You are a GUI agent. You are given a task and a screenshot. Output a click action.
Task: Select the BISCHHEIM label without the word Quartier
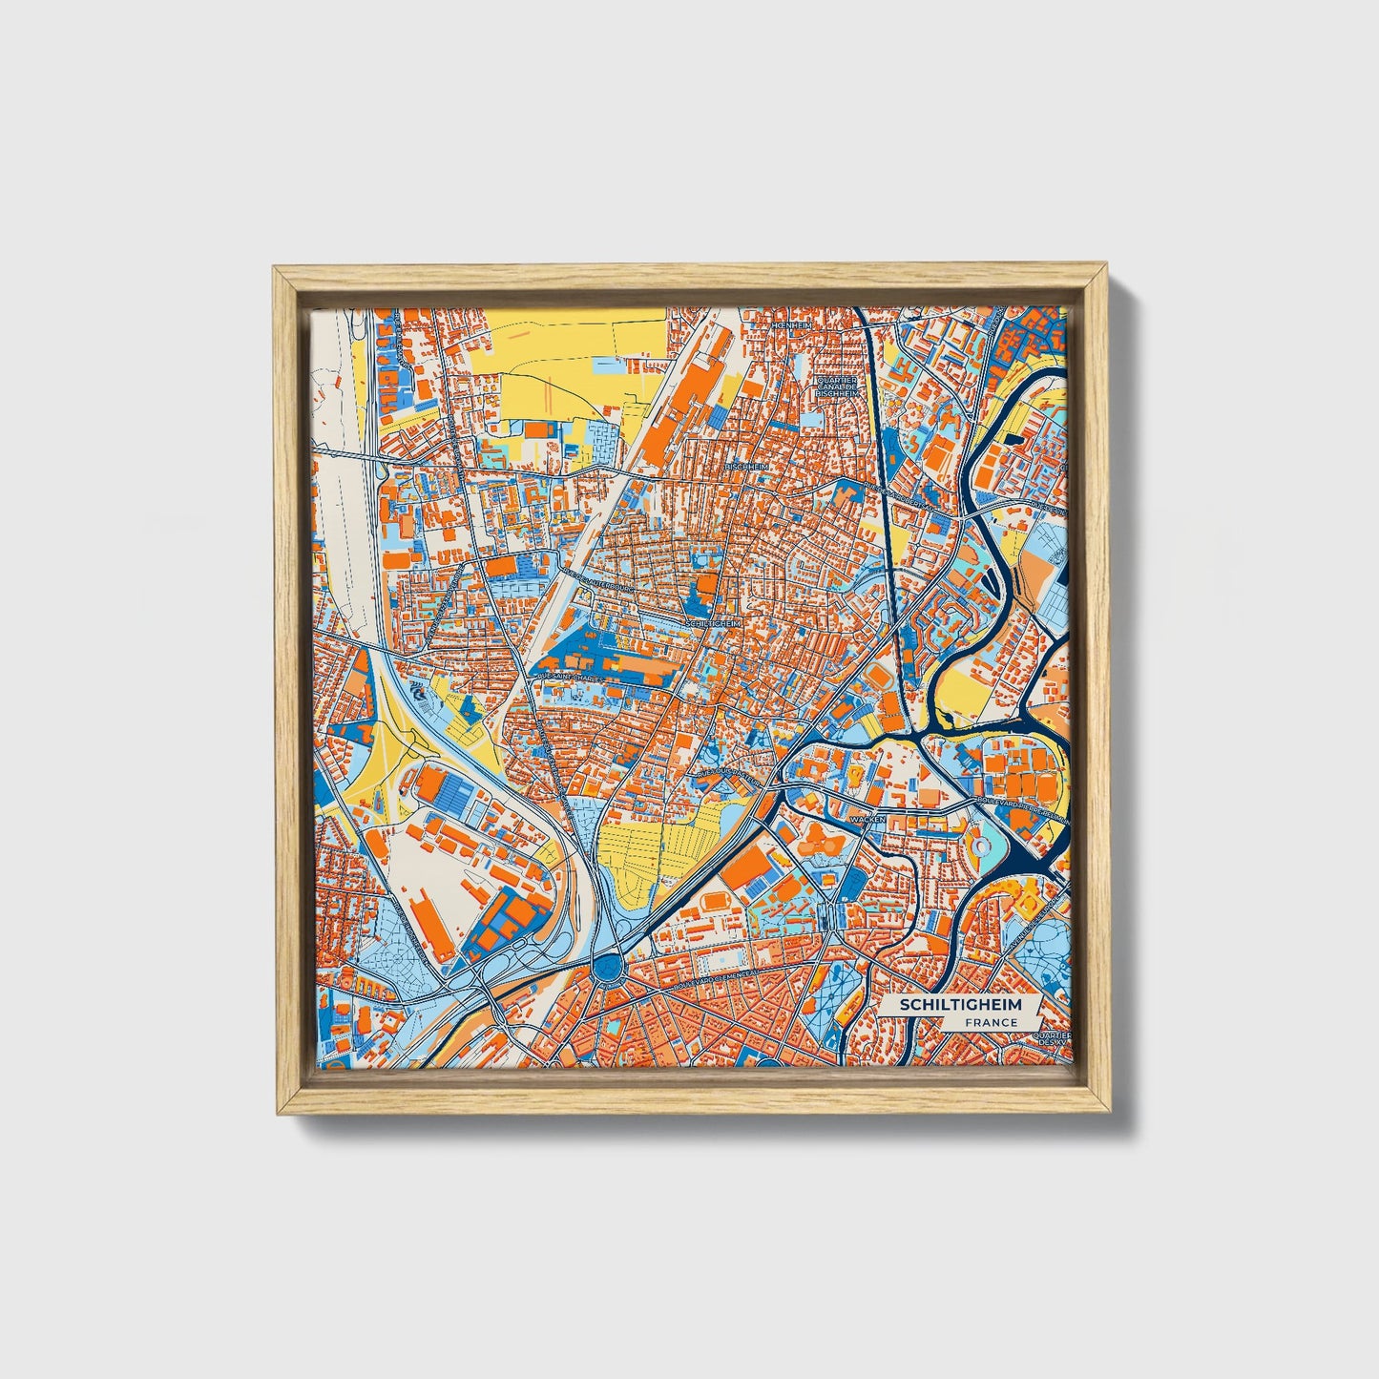pyautogui.click(x=746, y=466)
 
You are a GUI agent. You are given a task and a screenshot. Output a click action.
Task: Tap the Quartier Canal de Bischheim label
pyautogui.click(x=838, y=386)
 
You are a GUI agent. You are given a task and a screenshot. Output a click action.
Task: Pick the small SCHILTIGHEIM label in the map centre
pyautogui.click(x=712, y=622)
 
